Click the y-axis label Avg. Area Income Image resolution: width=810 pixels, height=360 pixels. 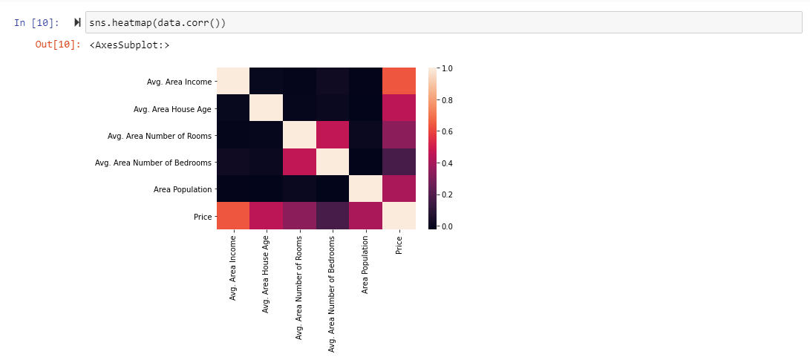(179, 82)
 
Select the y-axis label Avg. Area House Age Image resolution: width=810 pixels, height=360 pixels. (172, 109)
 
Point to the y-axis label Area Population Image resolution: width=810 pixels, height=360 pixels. (183, 189)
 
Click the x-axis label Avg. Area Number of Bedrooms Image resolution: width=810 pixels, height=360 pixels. (333, 292)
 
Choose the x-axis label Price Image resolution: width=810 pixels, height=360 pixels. (399, 246)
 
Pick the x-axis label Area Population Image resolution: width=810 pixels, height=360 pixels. (365, 266)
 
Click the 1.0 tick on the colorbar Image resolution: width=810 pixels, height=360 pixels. (448, 68)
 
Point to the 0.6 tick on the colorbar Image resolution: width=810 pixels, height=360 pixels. (448, 131)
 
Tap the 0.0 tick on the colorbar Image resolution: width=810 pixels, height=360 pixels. (448, 226)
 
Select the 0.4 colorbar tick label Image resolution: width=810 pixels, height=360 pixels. (448, 163)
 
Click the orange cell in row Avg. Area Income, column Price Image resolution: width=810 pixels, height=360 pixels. (399, 82)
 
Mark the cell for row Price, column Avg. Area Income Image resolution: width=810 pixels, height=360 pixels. (233, 216)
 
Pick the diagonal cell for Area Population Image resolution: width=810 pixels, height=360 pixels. (365, 189)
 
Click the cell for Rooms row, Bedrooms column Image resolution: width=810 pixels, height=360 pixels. (333, 136)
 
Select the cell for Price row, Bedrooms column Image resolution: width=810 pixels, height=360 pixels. (333, 216)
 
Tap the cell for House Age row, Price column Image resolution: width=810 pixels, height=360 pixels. (399, 109)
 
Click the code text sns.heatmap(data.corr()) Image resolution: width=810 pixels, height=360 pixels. (157, 23)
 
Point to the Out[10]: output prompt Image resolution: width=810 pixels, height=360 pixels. (58, 45)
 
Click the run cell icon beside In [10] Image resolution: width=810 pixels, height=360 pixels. (77, 23)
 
